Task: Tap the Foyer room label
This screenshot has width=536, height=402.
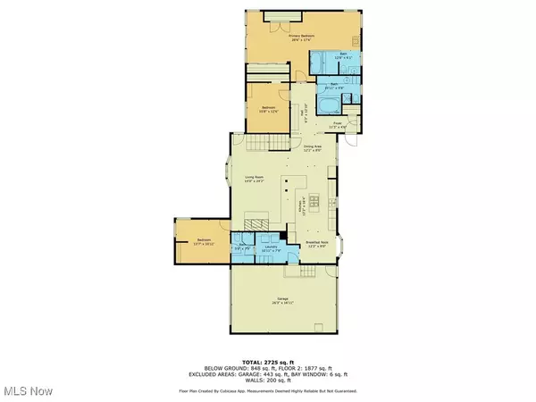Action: (x=339, y=126)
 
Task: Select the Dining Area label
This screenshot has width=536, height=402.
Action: (x=311, y=147)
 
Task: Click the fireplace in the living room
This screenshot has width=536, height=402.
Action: (x=257, y=224)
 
